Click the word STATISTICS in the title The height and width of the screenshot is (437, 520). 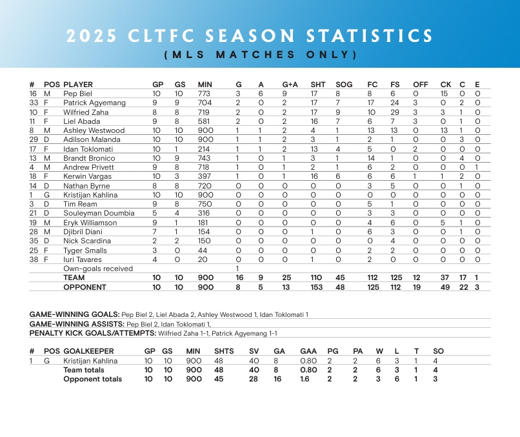tap(369, 36)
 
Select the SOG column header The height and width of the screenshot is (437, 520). tap(344, 85)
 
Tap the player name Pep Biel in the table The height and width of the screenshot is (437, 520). tap(77, 94)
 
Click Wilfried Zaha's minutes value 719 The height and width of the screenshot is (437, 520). tap(204, 112)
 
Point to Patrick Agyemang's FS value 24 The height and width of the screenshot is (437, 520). tap(394, 103)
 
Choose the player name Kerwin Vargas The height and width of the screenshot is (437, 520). tap(87, 176)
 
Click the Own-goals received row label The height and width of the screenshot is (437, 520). tap(98, 269)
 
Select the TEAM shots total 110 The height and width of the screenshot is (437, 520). tap(316, 278)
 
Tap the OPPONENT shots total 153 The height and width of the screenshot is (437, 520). tap(316, 287)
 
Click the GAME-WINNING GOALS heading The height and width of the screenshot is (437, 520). tap(74, 314)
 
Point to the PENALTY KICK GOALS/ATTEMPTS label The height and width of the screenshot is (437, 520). tap(92, 333)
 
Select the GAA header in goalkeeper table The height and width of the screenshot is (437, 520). tap(308, 351)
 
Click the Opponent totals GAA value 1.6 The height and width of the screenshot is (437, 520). tap(305, 379)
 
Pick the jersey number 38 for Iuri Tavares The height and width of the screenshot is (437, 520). tap(34, 259)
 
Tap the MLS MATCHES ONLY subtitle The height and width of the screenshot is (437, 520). tap(261, 54)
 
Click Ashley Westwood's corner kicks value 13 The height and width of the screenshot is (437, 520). tap(445, 130)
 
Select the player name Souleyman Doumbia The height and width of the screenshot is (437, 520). tap(99, 213)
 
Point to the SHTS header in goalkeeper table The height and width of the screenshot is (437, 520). tap(224, 351)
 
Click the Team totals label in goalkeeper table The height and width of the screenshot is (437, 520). tap(84, 370)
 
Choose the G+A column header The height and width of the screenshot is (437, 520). tap(290, 85)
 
